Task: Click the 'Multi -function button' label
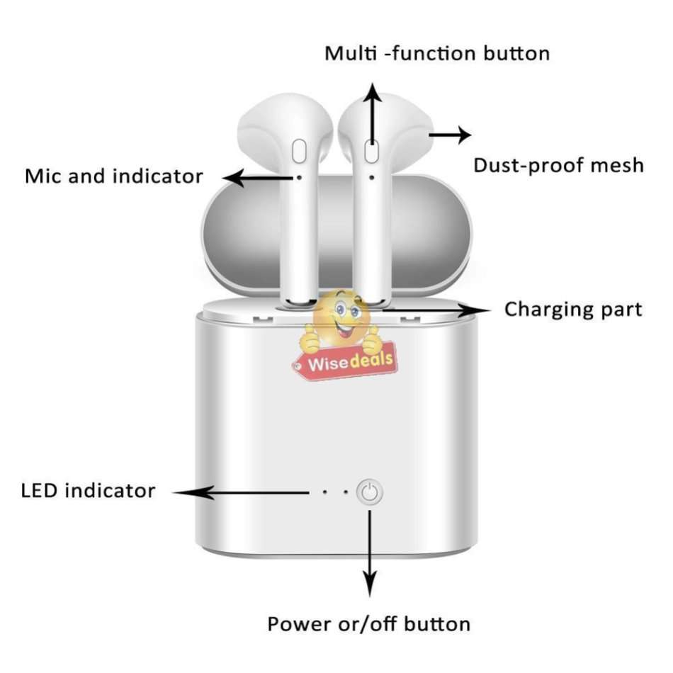tap(437, 53)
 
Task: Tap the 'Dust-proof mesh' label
tap(558, 166)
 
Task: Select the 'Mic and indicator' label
tap(114, 176)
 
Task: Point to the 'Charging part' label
tap(573, 310)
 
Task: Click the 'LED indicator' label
tap(88, 490)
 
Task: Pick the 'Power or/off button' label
tap(368, 624)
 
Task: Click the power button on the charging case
tap(369, 492)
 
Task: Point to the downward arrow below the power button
tap(369, 553)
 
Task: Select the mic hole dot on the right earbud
tap(372, 176)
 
